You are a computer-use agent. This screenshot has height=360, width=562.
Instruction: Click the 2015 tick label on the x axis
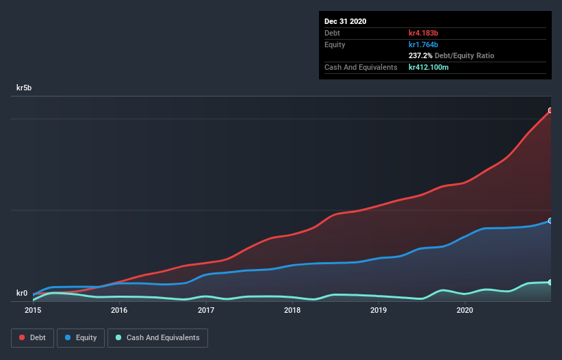33,310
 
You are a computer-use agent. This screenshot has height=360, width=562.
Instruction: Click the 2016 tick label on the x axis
119,310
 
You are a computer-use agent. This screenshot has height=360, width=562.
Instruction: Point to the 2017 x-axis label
206,310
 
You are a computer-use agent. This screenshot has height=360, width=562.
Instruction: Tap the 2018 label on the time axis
292,310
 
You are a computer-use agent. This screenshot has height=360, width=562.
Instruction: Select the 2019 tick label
379,310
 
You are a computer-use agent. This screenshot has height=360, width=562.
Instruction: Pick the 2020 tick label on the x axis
465,310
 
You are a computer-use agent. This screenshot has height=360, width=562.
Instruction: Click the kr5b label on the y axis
25,88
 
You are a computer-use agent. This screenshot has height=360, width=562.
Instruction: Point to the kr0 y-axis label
23,293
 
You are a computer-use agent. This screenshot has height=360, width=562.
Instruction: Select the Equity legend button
80,337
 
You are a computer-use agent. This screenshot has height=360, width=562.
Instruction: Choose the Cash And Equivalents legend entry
157,337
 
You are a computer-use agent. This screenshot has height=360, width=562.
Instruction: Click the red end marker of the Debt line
550,110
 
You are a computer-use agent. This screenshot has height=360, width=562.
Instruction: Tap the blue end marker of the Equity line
550,221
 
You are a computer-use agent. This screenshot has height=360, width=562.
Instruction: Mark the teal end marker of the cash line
550,282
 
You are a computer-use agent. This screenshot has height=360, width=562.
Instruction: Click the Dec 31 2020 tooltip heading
345,21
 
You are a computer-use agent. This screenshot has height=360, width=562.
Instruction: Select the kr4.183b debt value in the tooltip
423,33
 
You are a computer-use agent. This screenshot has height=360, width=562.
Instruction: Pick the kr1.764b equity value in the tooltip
423,44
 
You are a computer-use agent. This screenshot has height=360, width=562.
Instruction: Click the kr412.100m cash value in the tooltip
429,67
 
